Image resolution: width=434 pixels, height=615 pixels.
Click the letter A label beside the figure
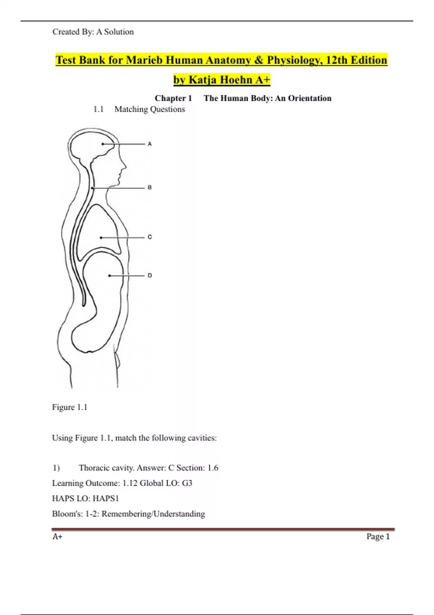coord(150,144)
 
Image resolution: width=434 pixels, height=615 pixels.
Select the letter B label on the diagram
coord(150,187)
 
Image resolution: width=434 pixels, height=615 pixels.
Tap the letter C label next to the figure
coord(150,237)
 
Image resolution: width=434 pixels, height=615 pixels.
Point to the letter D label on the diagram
coord(150,275)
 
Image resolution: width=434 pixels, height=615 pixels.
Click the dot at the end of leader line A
coord(103,144)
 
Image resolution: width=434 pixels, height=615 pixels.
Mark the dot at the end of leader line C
coord(101,238)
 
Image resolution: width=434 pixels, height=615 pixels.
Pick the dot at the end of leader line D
coord(110,276)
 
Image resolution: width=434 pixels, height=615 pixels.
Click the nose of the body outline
coord(125,166)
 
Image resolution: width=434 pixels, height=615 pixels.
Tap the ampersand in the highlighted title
coord(259,60)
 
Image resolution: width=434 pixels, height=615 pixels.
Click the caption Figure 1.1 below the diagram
coord(69,407)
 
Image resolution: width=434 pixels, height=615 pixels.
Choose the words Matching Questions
coord(149,109)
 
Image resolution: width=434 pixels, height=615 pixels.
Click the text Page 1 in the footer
coord(378,536)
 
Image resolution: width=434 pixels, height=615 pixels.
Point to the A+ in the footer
coord(57,536)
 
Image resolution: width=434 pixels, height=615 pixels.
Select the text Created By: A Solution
coord(93,32)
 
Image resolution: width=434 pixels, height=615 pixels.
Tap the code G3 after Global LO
coord(187,483)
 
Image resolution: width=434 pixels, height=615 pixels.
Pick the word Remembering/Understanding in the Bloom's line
coord(153,514)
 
